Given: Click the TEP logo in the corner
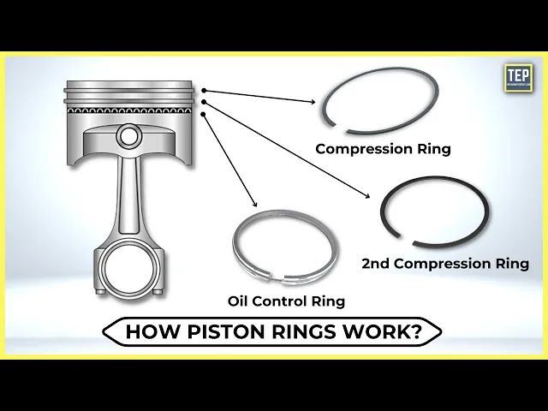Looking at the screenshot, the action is pos(518,80).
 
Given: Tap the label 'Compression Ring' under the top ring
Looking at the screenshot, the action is pos(383,148).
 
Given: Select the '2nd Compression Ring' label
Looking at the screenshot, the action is pos(444,264).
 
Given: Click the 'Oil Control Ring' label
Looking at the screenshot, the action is pos(286,301).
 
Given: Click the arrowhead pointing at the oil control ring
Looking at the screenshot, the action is pos(255,205).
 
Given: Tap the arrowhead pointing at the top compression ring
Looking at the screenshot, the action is pos(314,101).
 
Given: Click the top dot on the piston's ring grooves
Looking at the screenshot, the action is pos(205,89).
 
